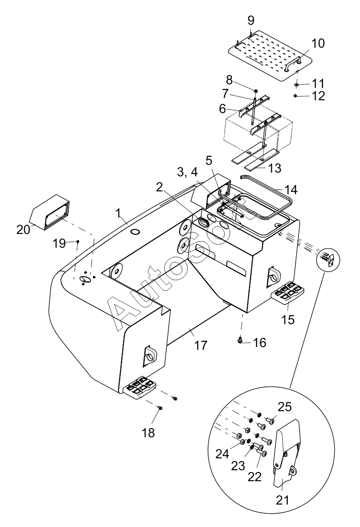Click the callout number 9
tap(251, 21)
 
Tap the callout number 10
tap(317, 43)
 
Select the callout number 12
tap(317, 96)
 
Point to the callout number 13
tap(274, 168)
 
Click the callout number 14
tap(291, 190)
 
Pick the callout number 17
tap(201, 345)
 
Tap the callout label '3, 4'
tap(188, 173)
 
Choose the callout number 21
tap(282, 500)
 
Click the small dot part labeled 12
tap(295, 95)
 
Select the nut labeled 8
tap(255, 90)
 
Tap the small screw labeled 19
tap(78, 241)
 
